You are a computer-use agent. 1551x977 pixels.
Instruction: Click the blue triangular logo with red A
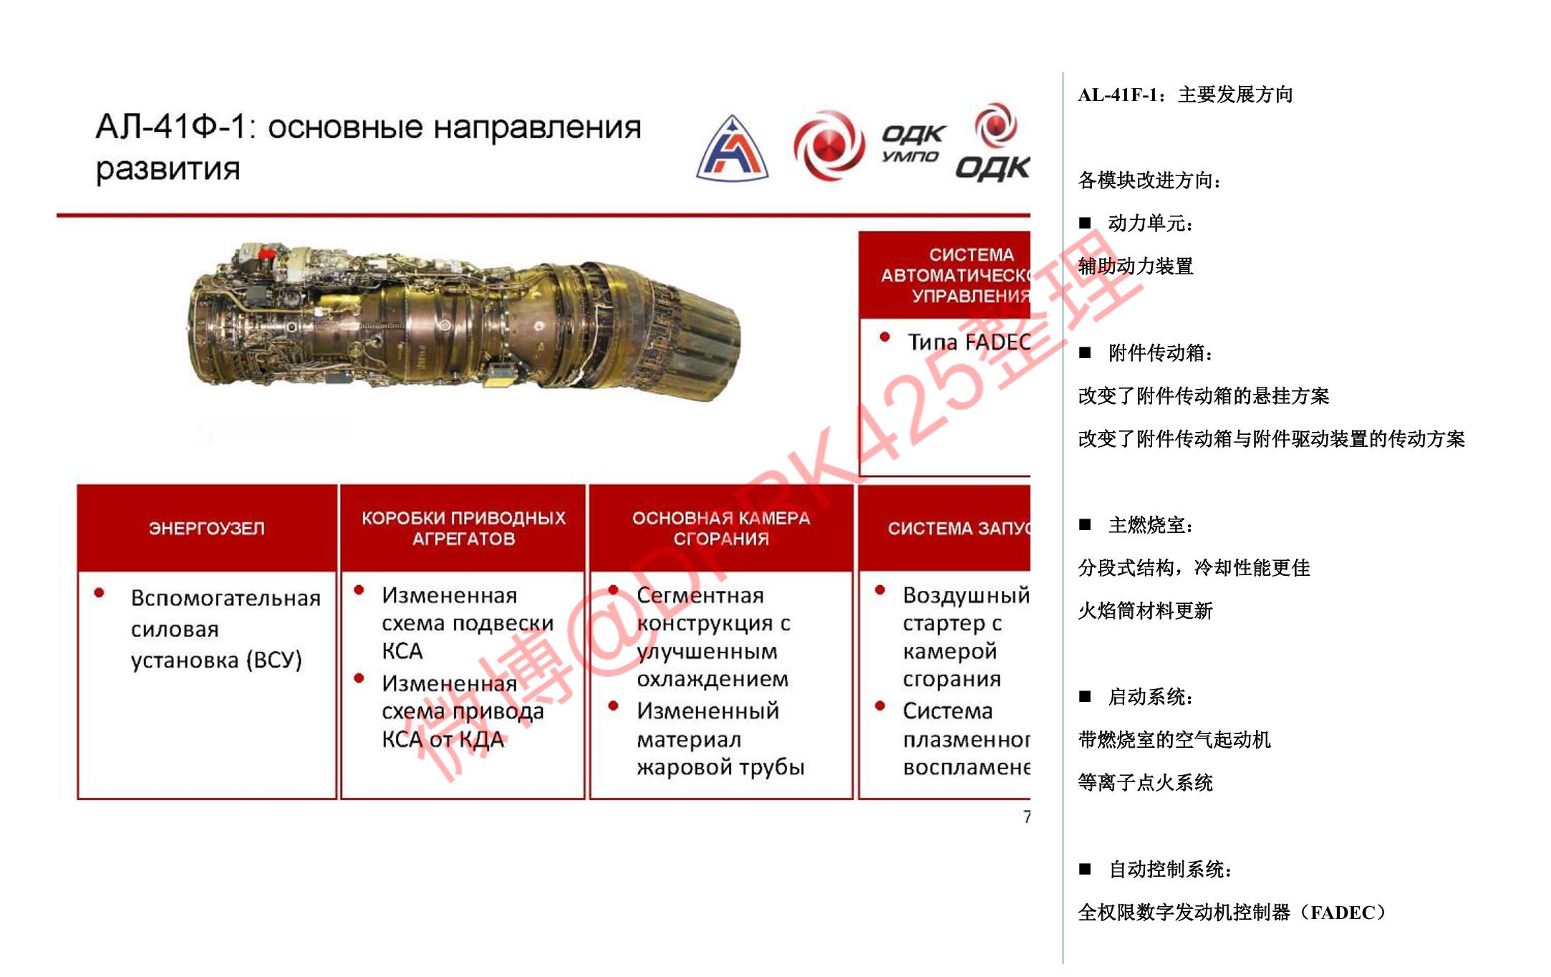pos(732,148)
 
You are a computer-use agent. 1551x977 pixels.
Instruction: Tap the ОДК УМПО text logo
pos(912,143)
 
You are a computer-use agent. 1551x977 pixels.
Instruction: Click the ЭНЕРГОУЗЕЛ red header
pos(206,529)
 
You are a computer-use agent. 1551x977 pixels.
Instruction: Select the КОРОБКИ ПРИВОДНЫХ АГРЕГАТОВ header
pos(463,529)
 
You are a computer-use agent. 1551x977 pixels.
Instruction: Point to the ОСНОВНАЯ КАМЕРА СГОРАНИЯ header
pos(720,529)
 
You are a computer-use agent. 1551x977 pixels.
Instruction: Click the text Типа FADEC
pos(969,342)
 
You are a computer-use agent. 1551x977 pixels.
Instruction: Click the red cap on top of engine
pos(267,253)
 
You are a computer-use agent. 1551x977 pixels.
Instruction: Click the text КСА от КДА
pos(443,739)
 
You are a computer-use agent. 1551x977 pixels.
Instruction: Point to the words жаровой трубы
pos(720,767)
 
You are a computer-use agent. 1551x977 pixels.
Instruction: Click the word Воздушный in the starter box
pos(965,595)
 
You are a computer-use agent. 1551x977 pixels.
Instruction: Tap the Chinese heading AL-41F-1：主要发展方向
pos(1185,95)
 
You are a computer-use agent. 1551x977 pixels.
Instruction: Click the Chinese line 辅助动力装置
pos(1136,266)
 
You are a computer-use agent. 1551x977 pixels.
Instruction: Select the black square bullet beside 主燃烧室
pos(1086,525)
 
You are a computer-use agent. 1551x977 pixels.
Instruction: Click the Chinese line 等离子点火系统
pos(1146,783)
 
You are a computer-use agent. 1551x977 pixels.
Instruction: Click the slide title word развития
pos(168,169)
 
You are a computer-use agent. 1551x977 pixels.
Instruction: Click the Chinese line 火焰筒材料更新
pos(1146,611)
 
